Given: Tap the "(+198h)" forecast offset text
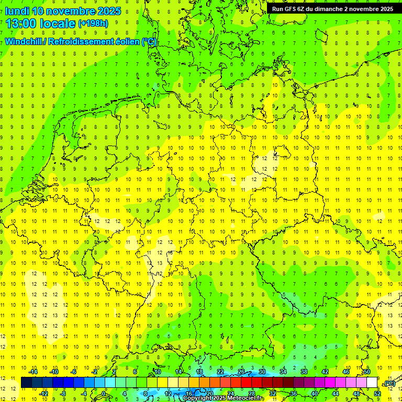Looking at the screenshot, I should [x=93, y=24].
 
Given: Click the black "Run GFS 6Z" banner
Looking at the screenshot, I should [x=332, y=9].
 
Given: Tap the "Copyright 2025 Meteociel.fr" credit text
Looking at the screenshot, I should [x=224, y=398].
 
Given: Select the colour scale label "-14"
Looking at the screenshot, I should [x=35, y=372].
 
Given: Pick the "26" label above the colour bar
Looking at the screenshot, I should [x=241, y=372].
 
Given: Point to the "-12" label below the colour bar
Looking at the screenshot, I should [x=44, y=393].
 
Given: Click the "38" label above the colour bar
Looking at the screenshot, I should [x=304, y=372].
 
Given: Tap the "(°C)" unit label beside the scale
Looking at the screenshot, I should [x=389, y=383].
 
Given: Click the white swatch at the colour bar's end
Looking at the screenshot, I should [x=372, y=382].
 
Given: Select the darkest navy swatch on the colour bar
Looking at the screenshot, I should [x=26, y=382].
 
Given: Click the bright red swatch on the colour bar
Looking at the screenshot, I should [x=246, y=382].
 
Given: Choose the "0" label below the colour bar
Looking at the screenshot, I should [x=104, y=393].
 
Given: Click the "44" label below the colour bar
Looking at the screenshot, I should [x=335, y=393].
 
